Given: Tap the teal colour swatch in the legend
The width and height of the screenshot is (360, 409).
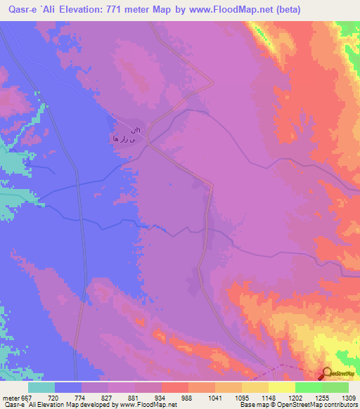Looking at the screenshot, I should pyautogui.click(x=41, y=387).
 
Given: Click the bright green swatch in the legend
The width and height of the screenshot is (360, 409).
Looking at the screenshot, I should pyautogui.click(x=308, y=387).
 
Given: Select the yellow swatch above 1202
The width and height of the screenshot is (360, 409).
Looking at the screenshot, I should pyautogui.click(x=281, y=387).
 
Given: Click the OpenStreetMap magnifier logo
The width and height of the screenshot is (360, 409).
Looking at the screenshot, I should pyautogui.click(x=328, y=374).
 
